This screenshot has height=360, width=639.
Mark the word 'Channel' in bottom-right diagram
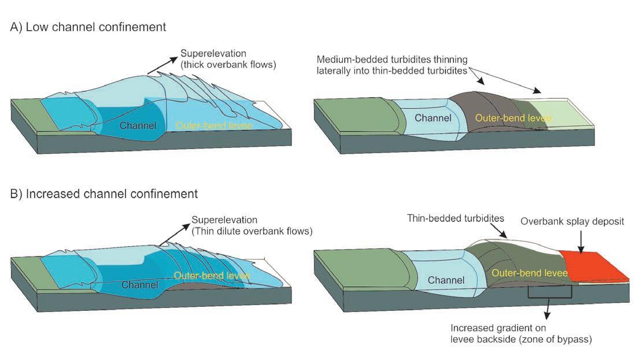pyautogui.click(x=446, y=280)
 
